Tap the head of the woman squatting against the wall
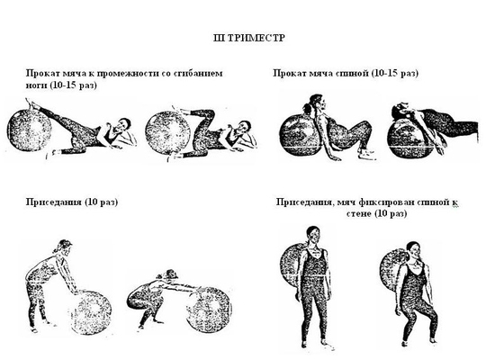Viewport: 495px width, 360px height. tap(412, 251)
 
